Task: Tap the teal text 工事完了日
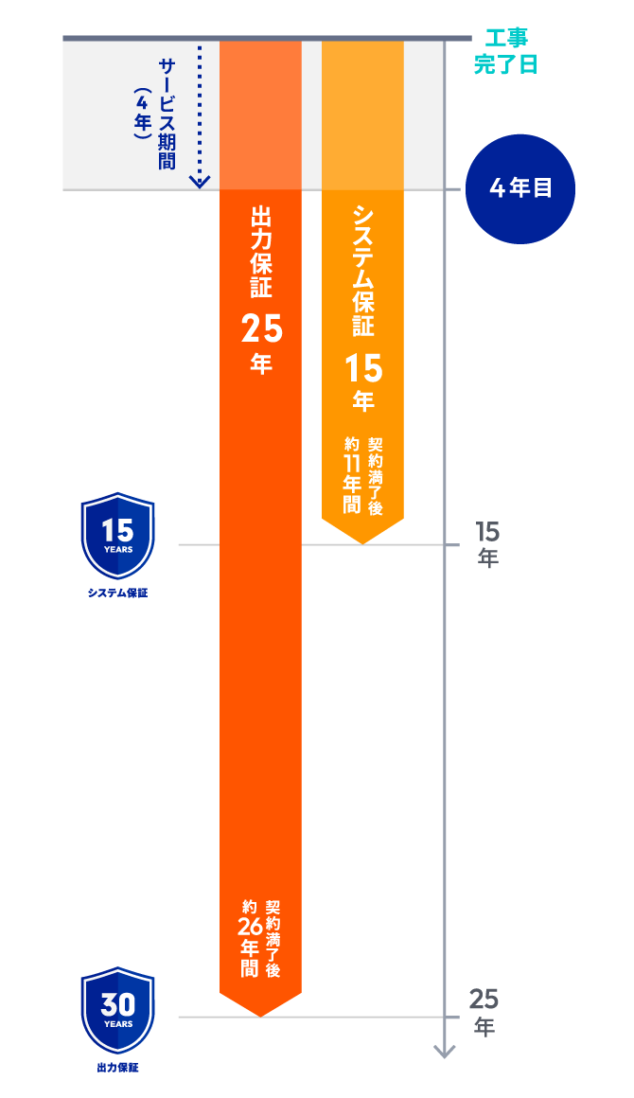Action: click(505, 52)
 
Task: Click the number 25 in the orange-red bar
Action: click(260, 328)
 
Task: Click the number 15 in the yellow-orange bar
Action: click(362, 367)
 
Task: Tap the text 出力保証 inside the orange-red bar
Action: click(260, 252)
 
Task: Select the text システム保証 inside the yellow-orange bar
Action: click(362, 270)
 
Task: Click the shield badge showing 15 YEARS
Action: click(118, 536)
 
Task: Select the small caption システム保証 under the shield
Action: click(118, 593)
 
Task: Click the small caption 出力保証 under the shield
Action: click(118, 1067)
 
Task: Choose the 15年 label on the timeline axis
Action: click(487, 544)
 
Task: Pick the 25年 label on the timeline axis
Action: click(484, 1012)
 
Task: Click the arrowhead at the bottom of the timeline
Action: click(444, 1052)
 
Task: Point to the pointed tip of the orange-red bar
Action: click(260, 1013)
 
